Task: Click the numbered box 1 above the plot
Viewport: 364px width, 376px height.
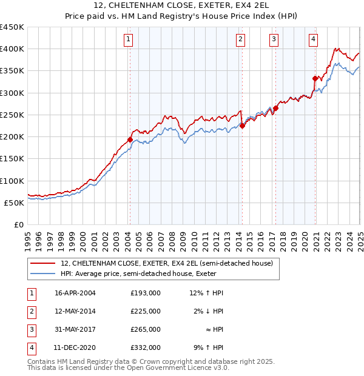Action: click(x=129, y=40)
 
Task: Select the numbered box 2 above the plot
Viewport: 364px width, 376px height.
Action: click(x=241, y=40)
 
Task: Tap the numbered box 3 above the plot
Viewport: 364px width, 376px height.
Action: click(x=274, y=40)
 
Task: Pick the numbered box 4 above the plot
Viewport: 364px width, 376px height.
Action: click(x=314, y=40)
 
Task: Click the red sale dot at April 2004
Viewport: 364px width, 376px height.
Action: click(x=130, y=139)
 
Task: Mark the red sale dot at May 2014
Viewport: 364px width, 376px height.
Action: click(x=242, y=126)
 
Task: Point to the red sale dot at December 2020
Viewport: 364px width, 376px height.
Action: click(x=315, y=78)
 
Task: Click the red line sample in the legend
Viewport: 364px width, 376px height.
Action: click(x=42, y=263)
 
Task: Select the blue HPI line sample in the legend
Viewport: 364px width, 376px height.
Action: click(x=42, y=274)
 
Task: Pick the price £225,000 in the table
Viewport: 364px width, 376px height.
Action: click(x=146, y=311)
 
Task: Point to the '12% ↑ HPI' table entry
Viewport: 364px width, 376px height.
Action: click(x=206, y=293)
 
